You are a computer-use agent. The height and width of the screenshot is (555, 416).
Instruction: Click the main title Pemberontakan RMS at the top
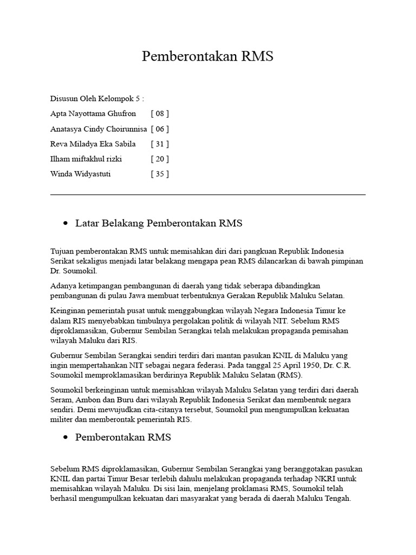click(207, 57)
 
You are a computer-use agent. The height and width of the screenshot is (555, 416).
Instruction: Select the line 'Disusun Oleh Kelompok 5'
click(97, 99)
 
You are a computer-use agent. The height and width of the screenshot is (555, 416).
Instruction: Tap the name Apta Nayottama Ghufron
click(93, 114)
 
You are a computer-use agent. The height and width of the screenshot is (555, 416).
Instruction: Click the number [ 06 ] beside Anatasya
click(160, 129)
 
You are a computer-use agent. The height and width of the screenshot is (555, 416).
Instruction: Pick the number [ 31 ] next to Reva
click(160, 144)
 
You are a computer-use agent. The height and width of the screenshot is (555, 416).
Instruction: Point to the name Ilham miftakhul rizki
click(86, 159)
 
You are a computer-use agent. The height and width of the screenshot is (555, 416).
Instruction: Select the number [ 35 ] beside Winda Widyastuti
click(160, 174)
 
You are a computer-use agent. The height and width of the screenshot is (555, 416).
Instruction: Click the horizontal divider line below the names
click(207, 194)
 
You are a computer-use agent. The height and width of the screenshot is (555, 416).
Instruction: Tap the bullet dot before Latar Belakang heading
click(66, 223)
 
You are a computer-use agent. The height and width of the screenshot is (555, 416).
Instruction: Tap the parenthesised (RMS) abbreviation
click(292, 375)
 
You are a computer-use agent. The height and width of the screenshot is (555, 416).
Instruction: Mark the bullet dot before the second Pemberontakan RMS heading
click(66, 437)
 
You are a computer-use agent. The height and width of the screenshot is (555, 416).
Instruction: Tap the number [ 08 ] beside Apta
click(160, 114)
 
